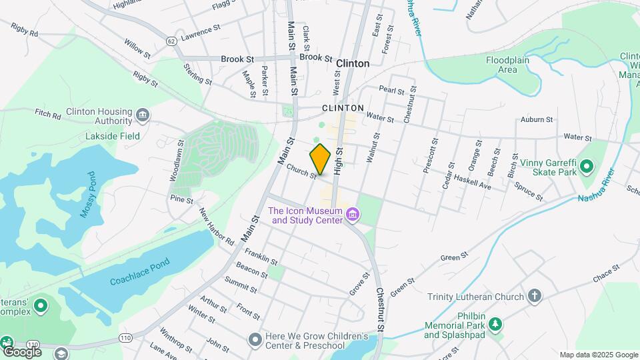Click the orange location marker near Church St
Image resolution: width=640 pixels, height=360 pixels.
321,159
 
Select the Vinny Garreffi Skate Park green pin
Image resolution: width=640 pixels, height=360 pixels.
587,165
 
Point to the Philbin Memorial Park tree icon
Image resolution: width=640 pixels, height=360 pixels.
495,325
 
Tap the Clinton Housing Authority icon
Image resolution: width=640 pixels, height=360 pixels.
142,116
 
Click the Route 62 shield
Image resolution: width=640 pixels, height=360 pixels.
172,41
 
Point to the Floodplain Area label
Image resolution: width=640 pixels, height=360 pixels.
511,64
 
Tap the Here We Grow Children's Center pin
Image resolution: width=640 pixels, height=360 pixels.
255,341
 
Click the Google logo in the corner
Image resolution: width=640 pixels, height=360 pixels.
21,351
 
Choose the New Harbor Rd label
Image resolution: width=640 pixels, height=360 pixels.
216,226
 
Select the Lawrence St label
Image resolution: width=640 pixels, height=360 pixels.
200,31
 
